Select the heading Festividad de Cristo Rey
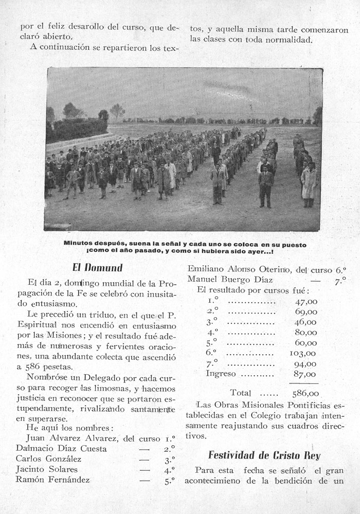click(264, 455)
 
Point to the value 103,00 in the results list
click(303, 353)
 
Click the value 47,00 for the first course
click(305, 302)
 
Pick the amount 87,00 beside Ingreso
click(305, 374)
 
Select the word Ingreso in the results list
click(221, 374)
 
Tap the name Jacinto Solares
click(47, 469)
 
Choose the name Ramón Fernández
click(52, 480)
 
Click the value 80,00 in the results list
click(305, 333)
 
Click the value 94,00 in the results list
click(305, 364)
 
